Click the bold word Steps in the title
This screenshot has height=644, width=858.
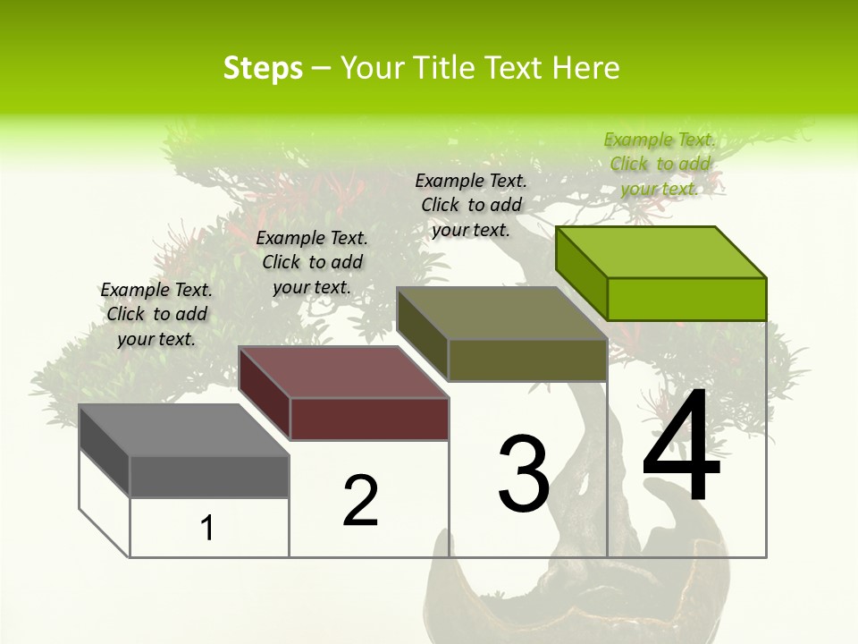coord(263,68)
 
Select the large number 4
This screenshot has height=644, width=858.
coord(681,448)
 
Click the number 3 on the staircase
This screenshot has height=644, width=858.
coord(524,474)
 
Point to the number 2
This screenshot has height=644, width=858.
coord(361,501)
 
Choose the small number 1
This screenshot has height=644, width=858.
coord(207,529)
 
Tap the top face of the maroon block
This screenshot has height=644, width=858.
coord(343,372)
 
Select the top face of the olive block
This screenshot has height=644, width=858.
coord(501,313)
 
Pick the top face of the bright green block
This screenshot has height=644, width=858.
coord(660,251)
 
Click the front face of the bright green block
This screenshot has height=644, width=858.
coord(686,299)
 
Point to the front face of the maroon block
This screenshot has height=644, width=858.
coord(368,419)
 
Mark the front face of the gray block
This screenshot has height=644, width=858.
coord(209,476)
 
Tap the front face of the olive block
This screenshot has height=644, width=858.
coord(527,360)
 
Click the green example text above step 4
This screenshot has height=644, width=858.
coord(660,164)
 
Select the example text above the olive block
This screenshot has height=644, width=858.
coord(471,205)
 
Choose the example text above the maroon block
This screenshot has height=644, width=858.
coord(312,262)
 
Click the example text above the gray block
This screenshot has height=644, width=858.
coord(156,314)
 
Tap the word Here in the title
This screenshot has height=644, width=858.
coord(588,68)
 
